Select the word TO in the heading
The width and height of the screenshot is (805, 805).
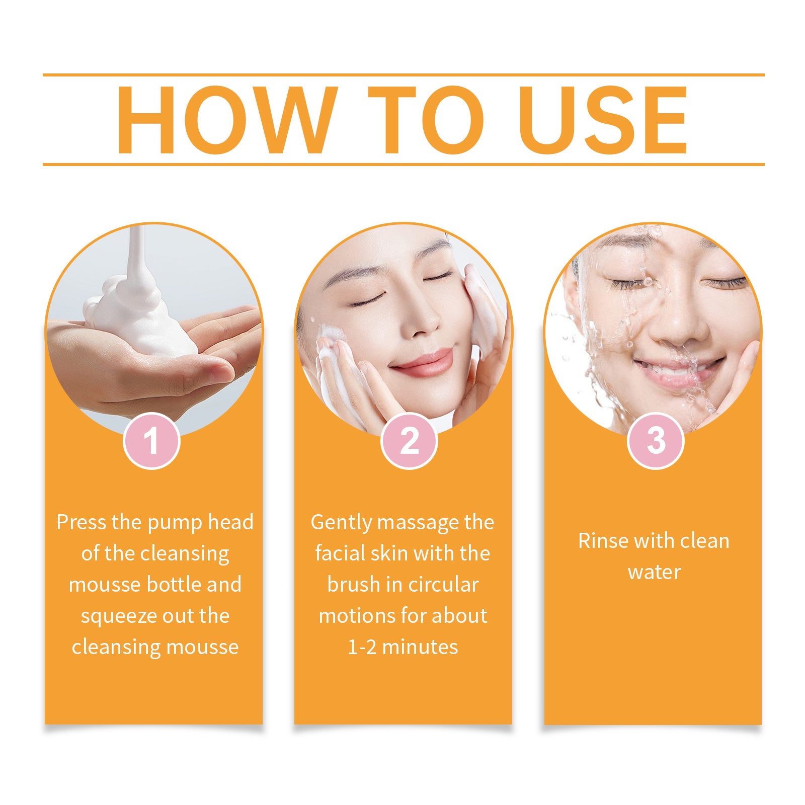coord(426,120)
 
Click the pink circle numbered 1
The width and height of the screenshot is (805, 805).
coord(151,441)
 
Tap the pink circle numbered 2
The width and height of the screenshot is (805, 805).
coord(409,441)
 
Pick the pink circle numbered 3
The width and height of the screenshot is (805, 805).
coord(656,441)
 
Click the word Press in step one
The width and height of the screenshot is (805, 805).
coord(82,522)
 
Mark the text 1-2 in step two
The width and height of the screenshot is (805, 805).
coord(362,647)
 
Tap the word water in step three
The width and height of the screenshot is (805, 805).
coord(654,572)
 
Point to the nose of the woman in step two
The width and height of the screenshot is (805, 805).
coord(423,322)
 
